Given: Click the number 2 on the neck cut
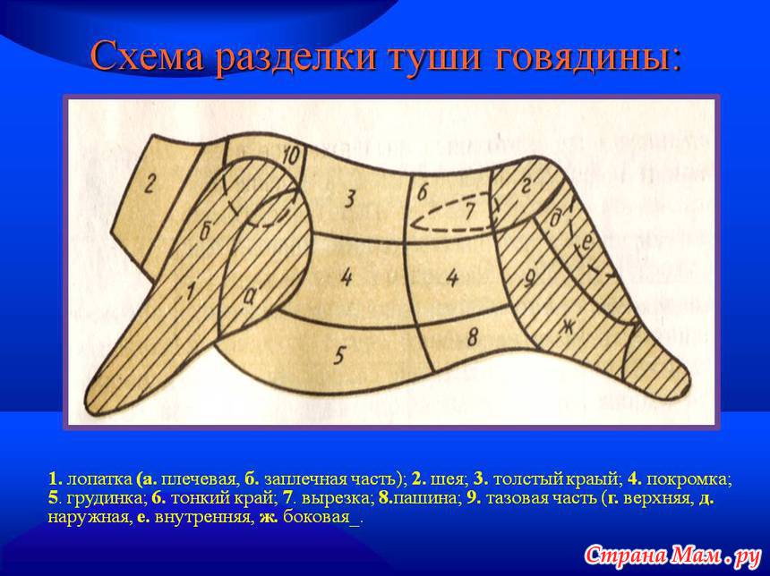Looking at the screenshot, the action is coord(150,185).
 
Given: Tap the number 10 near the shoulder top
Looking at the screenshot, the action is coord(291,157).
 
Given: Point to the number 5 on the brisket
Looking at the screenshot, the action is coord(338,355).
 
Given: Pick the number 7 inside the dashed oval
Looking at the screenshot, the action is coord(469,211).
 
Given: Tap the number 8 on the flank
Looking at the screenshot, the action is coord(472,336).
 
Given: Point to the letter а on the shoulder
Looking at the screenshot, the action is coord(249,297).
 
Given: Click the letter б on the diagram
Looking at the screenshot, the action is coord(205,232).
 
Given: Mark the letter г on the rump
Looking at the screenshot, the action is coord(526,186).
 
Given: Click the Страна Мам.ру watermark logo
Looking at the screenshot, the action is coord(672,555).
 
